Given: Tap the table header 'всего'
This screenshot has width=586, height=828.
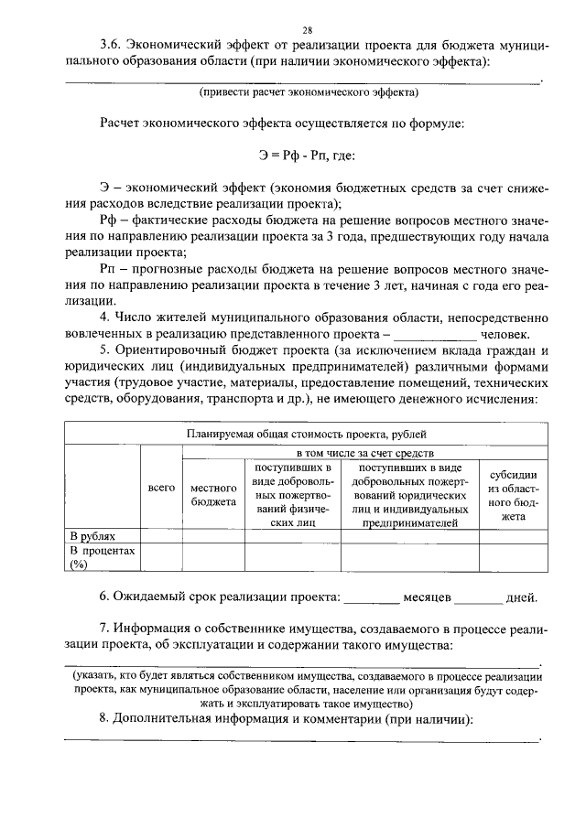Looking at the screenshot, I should (x=161, y=489).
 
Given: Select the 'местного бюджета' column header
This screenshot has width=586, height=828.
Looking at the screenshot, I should (x=213, y=495).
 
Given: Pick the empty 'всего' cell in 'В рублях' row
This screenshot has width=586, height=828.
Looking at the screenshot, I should (x=161, y=535).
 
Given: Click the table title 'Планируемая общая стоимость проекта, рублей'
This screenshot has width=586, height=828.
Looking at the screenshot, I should (x=306, y=436).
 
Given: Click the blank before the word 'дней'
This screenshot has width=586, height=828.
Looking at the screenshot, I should (x=478, y=598).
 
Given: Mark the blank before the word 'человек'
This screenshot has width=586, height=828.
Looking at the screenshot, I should (x=429, y=335).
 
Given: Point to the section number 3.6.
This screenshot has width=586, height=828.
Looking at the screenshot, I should (x=112, y=43).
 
